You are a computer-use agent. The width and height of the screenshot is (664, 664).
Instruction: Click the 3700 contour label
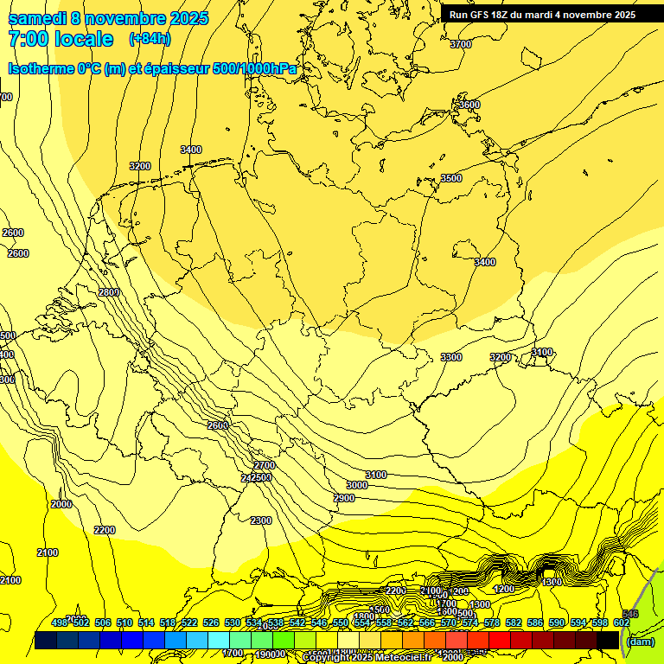(x=461, y=44)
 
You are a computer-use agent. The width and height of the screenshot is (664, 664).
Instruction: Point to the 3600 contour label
(x=468, y=105)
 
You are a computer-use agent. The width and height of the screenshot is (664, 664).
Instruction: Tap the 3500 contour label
(x=450, y=178)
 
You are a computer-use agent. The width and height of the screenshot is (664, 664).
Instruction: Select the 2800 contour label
(x=109, y=292)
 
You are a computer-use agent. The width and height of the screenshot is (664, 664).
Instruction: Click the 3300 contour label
(x=450, y=357)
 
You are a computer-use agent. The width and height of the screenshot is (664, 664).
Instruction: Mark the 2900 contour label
(x=343, y=498)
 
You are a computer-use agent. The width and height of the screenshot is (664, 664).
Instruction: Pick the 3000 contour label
(x=356, y=485)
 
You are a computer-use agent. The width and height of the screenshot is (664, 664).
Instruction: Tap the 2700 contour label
(x=264, y=465)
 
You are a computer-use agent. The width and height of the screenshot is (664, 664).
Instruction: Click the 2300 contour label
(x=260, y=520)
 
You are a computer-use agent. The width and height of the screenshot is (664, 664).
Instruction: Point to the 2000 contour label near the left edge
(x=61, y=504)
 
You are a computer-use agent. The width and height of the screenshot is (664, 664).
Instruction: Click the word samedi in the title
(x=41, y=18)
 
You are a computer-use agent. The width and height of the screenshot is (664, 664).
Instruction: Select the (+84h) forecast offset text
(x=150, y=39)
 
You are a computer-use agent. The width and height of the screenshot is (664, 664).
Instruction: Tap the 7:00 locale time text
(x=61, y=39)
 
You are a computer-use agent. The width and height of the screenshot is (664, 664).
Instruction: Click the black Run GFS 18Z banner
(x=542, y=15)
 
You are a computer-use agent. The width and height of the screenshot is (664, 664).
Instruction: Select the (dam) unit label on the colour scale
(x=640, y=641)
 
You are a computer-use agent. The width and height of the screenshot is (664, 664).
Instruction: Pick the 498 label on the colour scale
(x=60, y=622)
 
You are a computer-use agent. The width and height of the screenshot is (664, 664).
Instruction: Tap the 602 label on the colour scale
(x=621, y=622)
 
